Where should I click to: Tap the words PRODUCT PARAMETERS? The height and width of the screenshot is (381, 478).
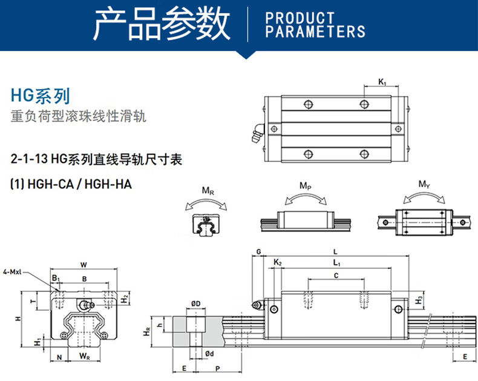click(x=315, y=25)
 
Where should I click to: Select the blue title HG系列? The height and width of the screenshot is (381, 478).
click(x=40, y=95)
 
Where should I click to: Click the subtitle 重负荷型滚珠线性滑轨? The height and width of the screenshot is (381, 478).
click(x=79, y=116)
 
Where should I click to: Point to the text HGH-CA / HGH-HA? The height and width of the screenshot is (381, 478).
click(x=71, y=183)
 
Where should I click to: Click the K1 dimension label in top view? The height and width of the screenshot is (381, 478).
click(x=382, y=81)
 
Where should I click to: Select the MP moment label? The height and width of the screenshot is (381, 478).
click(x=306, y=185)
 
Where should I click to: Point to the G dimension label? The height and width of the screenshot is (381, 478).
click(x=258, y=251)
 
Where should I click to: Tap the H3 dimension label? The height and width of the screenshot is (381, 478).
click(x=419, y=299)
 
